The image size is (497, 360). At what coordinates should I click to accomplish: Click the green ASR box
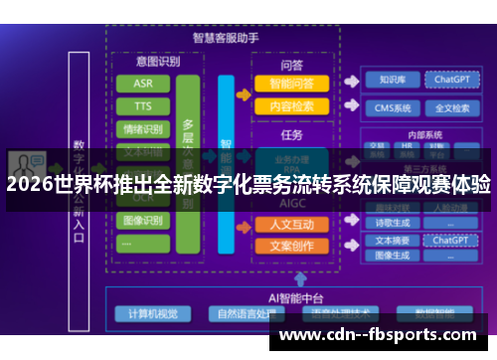click(x=143, y=83)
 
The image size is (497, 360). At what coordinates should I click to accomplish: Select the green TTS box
click(x=143, y=105)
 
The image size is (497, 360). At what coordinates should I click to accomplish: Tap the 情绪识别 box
click(x=143, y=128)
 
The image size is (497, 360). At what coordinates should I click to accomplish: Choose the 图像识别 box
click(x=143, y=220)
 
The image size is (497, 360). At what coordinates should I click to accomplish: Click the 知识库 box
click(x=391, y=80)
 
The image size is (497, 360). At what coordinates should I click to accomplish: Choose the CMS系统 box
click(x=391, y=107)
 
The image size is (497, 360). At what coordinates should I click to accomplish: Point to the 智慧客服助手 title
click(x=224, y=38)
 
